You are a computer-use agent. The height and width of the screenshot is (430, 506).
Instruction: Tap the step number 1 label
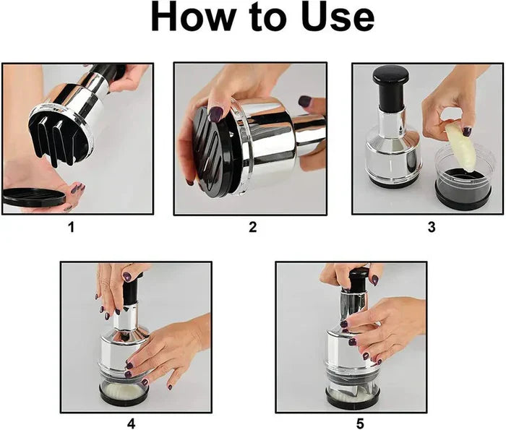pyautogui.click(x=71, y=227)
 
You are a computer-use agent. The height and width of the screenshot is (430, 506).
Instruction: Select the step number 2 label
pyautogui.click(x=252, y=227)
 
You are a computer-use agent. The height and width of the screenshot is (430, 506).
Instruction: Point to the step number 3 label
pyautogui.click(x=432, y=227)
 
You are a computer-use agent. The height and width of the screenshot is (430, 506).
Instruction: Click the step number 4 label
pyautogui.click(x=131, y=423)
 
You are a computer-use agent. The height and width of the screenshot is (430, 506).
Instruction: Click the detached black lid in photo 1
pyautogui.click(x=35, y=197)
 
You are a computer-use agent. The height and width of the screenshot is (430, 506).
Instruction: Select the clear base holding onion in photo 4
pyautogui.click(x=124, y=390)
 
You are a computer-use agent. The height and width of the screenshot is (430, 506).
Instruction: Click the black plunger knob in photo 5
pyautogui.click(x=359, y=278)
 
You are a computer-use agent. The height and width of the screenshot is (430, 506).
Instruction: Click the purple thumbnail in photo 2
pyautogui.click(x=215, y=113)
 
